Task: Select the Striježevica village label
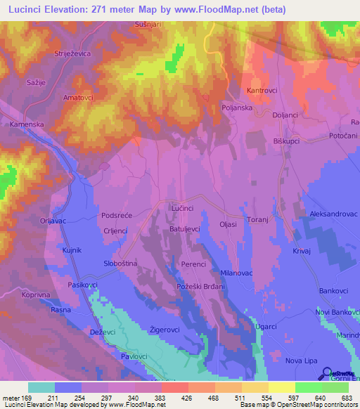coord(74,53)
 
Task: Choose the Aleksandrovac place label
coord(329,214)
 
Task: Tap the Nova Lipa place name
coord(304,361)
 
